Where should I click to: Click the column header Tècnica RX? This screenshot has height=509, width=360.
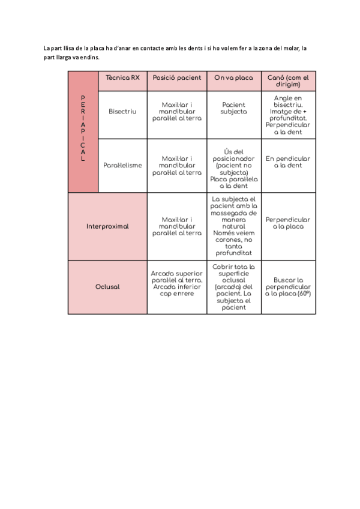(122, 78)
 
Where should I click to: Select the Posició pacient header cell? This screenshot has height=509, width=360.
(177, 78)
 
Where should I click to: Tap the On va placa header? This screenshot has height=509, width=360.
(234, 78)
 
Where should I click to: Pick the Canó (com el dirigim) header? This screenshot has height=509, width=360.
(289, 81)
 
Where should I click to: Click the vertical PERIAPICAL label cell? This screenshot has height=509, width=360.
(83, 131)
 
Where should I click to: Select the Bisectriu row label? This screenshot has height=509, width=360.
(122, 112)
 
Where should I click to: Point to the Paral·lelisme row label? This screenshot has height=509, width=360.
(122, 165)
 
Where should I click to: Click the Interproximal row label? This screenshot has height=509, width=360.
(107, 226)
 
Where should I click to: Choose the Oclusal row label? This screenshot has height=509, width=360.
(107, 287)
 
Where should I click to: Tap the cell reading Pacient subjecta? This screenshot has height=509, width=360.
(234, 108)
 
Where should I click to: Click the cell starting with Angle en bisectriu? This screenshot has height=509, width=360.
(289, 115)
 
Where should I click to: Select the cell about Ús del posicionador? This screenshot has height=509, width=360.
(234, 165)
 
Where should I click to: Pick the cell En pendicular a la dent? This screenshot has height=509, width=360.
(289, 162)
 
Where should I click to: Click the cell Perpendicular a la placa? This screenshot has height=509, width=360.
(289, 223)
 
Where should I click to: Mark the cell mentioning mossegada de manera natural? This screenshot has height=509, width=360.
(234, 226)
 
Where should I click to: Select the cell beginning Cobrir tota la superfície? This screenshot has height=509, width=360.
(234, 287)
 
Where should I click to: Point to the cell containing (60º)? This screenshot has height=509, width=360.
(289, 287)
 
